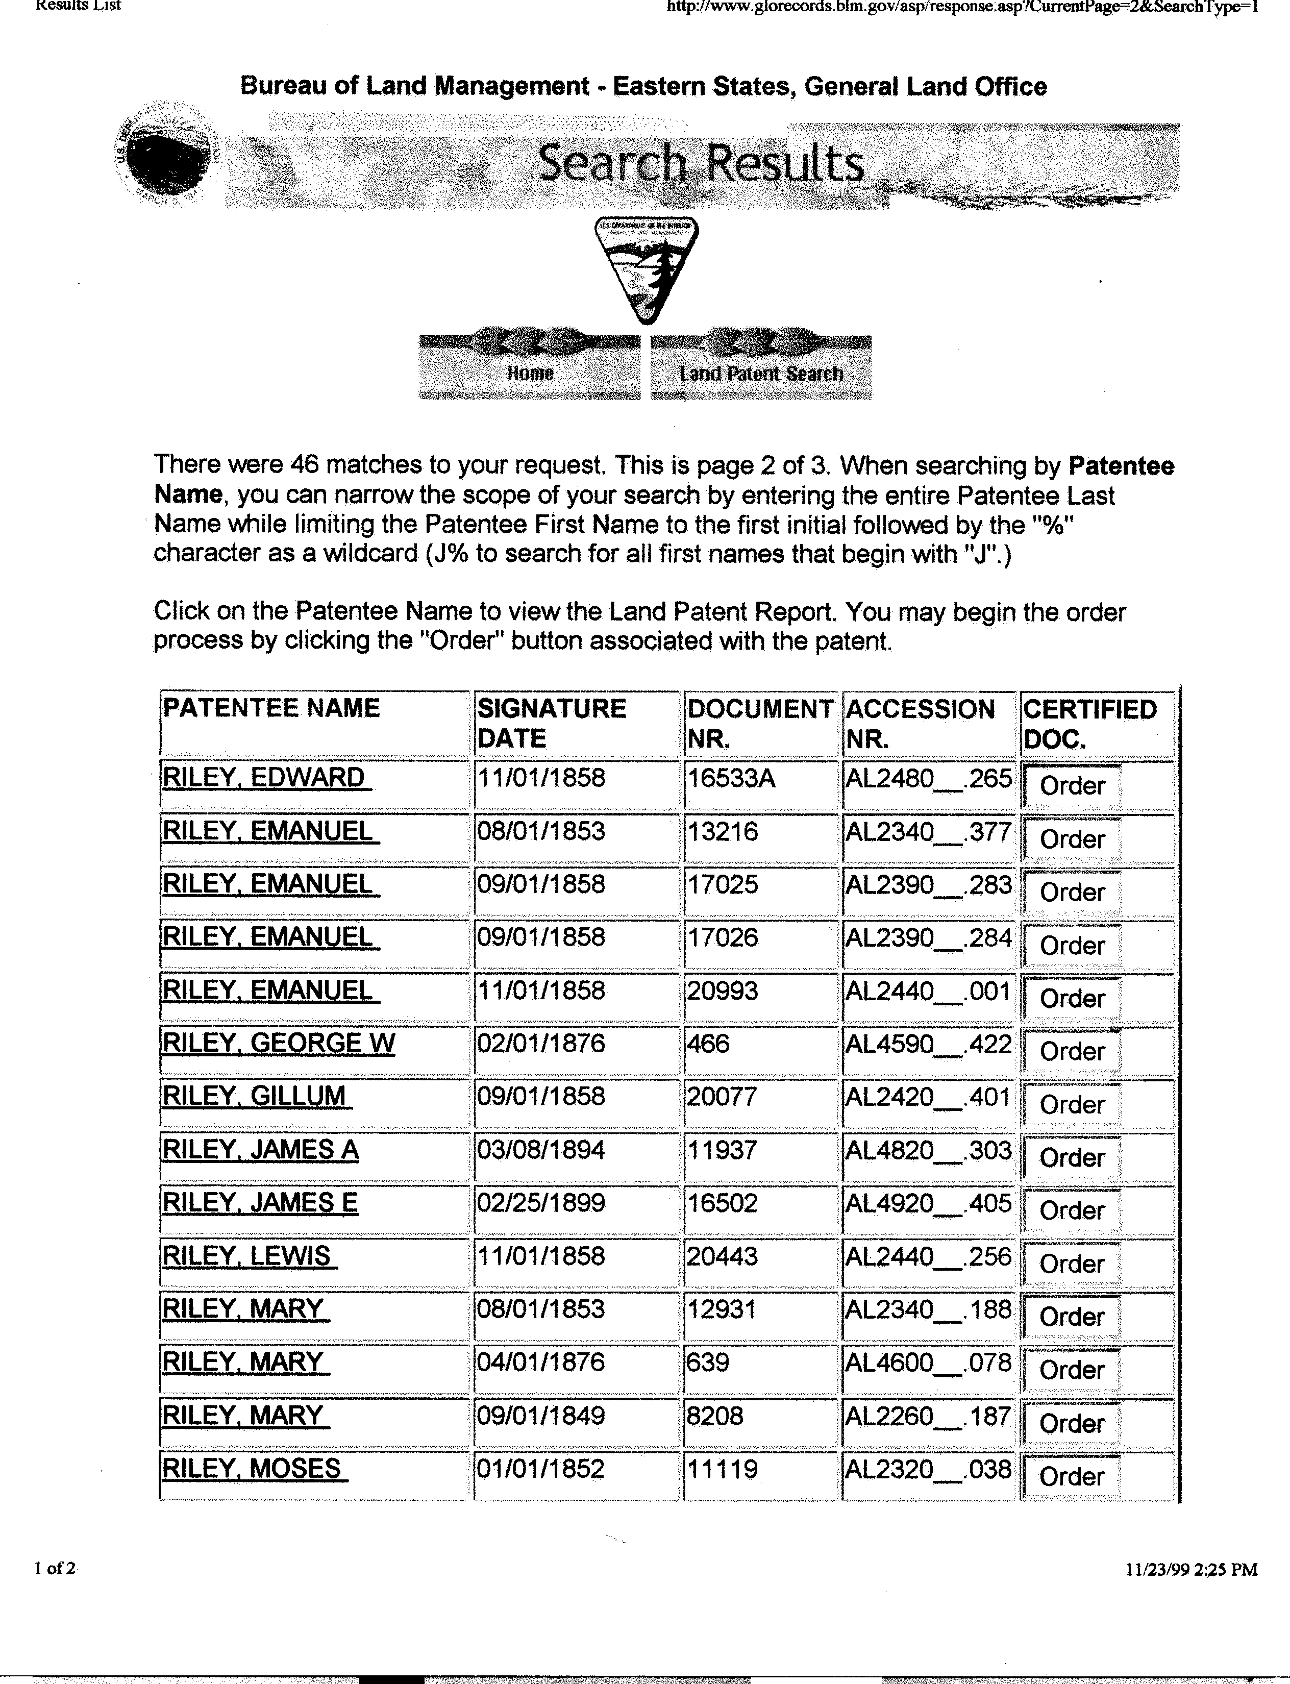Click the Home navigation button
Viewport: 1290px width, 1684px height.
coord(530,373)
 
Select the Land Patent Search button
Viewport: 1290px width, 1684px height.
coord(760,373)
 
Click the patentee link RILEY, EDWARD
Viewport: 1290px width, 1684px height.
coord(264,777)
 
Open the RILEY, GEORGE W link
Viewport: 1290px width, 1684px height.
coord(279,1043)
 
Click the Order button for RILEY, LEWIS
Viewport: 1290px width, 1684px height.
coord(1071,1263)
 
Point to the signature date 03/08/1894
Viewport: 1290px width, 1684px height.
coord(541,1150)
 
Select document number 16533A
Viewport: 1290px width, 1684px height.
coord(731,778)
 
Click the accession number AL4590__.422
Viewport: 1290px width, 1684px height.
coord(928,1044)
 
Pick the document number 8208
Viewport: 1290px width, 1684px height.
coord(715,1415)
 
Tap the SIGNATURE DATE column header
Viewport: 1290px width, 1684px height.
coord(551,723)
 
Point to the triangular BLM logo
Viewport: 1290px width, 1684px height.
coord(646,269)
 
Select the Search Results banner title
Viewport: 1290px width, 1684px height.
coord(700,164)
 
